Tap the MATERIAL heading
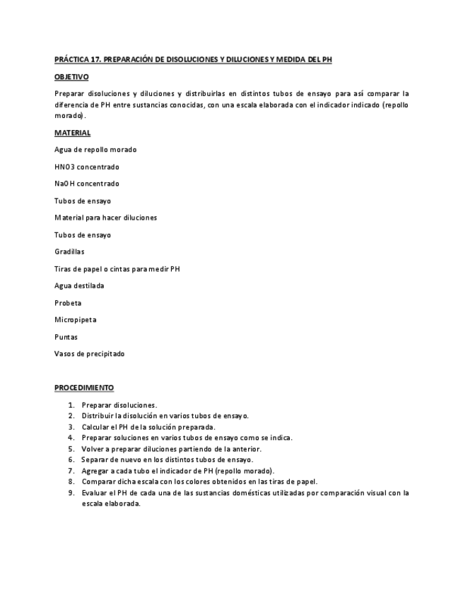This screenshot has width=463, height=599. pyautogui.click(x=72, y=132)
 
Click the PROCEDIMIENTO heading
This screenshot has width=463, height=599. pyautogui.click(x=84, y=388)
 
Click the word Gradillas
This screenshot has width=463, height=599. pyautogui.click(x=68, y=251)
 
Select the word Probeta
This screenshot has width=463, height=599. pyautogui.click(x=67, y=303)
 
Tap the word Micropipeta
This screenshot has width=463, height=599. pyautogui.click(x=76, y=320)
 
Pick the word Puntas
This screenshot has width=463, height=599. pyautogui.click(x=66, y=337)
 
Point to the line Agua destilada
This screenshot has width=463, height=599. pyautogui.click(x=79, y=285)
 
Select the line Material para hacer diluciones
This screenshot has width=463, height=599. pyautogui.click(x=105, y=218)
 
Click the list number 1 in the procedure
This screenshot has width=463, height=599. pyautogui.click(x=71, y=405)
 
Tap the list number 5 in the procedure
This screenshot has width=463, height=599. pyautogui.click(x=71, y=449)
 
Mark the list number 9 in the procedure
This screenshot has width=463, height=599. pyautogui.click(x=71, y=492)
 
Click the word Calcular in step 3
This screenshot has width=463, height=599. pyautogui.click(x=95, y=427)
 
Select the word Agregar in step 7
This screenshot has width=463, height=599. pyautogui.click(x=95, y=470)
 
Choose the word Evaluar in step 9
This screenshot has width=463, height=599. pyautogui.click(x=94, y=492)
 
